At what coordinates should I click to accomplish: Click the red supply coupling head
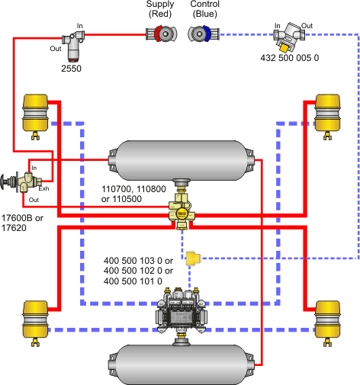162,34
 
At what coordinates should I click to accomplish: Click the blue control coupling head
204,34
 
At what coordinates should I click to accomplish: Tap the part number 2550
71,69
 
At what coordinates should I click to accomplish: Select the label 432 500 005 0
290,58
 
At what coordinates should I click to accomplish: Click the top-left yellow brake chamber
35,117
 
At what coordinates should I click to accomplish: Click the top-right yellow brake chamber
327,117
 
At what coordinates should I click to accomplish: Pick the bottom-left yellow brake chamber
35,323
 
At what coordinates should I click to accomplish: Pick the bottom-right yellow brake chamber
327,323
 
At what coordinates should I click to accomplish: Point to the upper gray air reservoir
182,161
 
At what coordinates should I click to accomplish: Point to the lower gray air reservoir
182,365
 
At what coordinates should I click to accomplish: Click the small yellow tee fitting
193,258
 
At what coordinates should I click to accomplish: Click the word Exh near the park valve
43,188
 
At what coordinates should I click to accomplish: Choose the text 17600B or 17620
22,223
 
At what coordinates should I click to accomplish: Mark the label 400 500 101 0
133,281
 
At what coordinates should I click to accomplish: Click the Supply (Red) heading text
160,9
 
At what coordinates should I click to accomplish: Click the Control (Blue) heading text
204,9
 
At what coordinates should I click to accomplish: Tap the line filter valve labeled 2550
73,46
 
